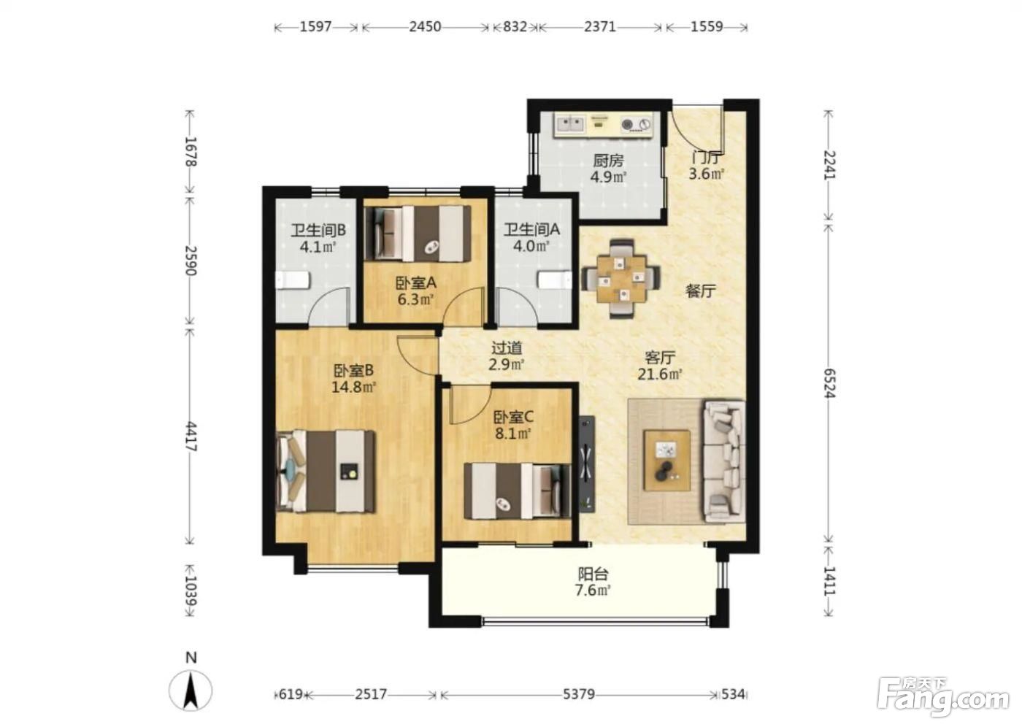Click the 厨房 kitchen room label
tap(608, 161)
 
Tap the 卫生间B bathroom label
tap(318, 231)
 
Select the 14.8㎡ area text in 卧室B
tap(353, 387)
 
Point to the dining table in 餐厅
tap(621, 278)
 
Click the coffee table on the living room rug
tap(667, 460)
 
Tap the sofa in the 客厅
tap(724, 461)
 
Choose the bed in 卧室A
tap(418, 234)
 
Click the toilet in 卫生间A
tap(554, 280)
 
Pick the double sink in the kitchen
tap(570, 123)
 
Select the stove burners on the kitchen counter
tap(637, 125)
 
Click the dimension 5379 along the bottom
tap(578, 694)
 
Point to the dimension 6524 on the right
tap(830, 383)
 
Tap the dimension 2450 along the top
tap(425, 27)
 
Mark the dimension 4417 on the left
tap(191, 436)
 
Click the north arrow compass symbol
tap(191, 690)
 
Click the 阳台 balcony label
tap(593, 573)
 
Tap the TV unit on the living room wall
tap(587, 463)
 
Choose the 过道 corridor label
tap(507, 348)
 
